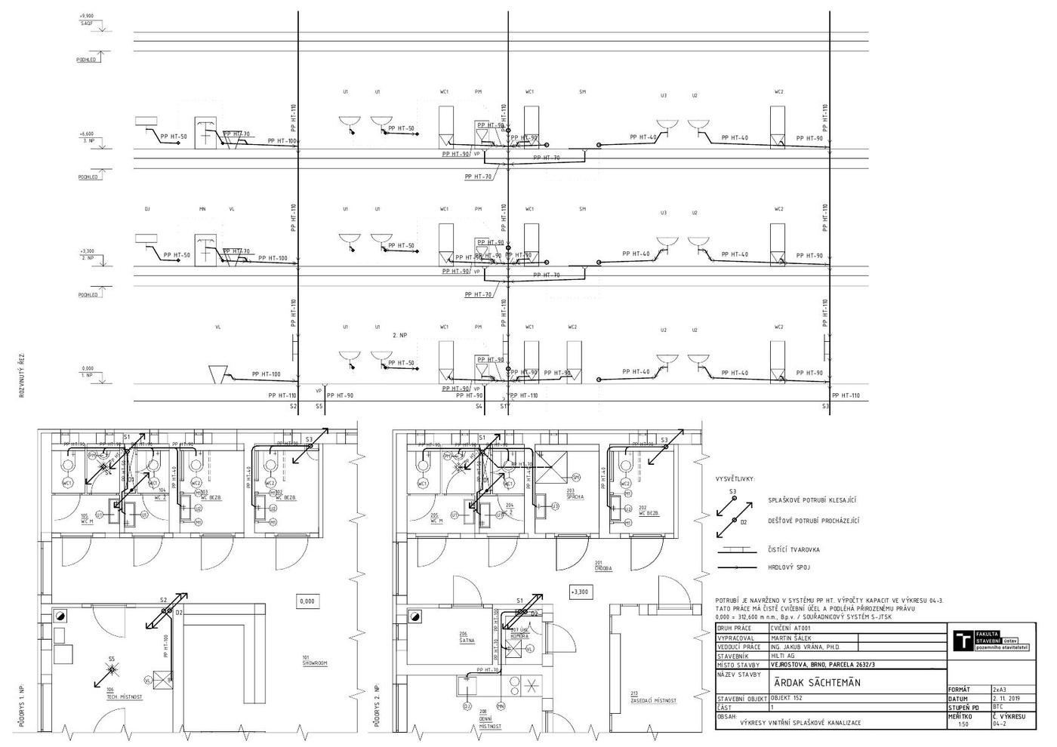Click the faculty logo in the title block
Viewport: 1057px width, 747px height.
coord(963,641)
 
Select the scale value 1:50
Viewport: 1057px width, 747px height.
coord(963,724)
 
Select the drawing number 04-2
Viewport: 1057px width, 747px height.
coord(1000,724)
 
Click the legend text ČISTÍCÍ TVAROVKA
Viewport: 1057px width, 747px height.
coord(794,550)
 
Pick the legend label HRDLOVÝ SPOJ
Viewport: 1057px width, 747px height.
coord(790,567)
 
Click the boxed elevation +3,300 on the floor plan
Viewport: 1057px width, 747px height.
coord(579,592)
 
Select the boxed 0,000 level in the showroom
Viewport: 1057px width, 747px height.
coord(307,601)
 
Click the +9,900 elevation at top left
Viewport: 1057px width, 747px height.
coord(87,16)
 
